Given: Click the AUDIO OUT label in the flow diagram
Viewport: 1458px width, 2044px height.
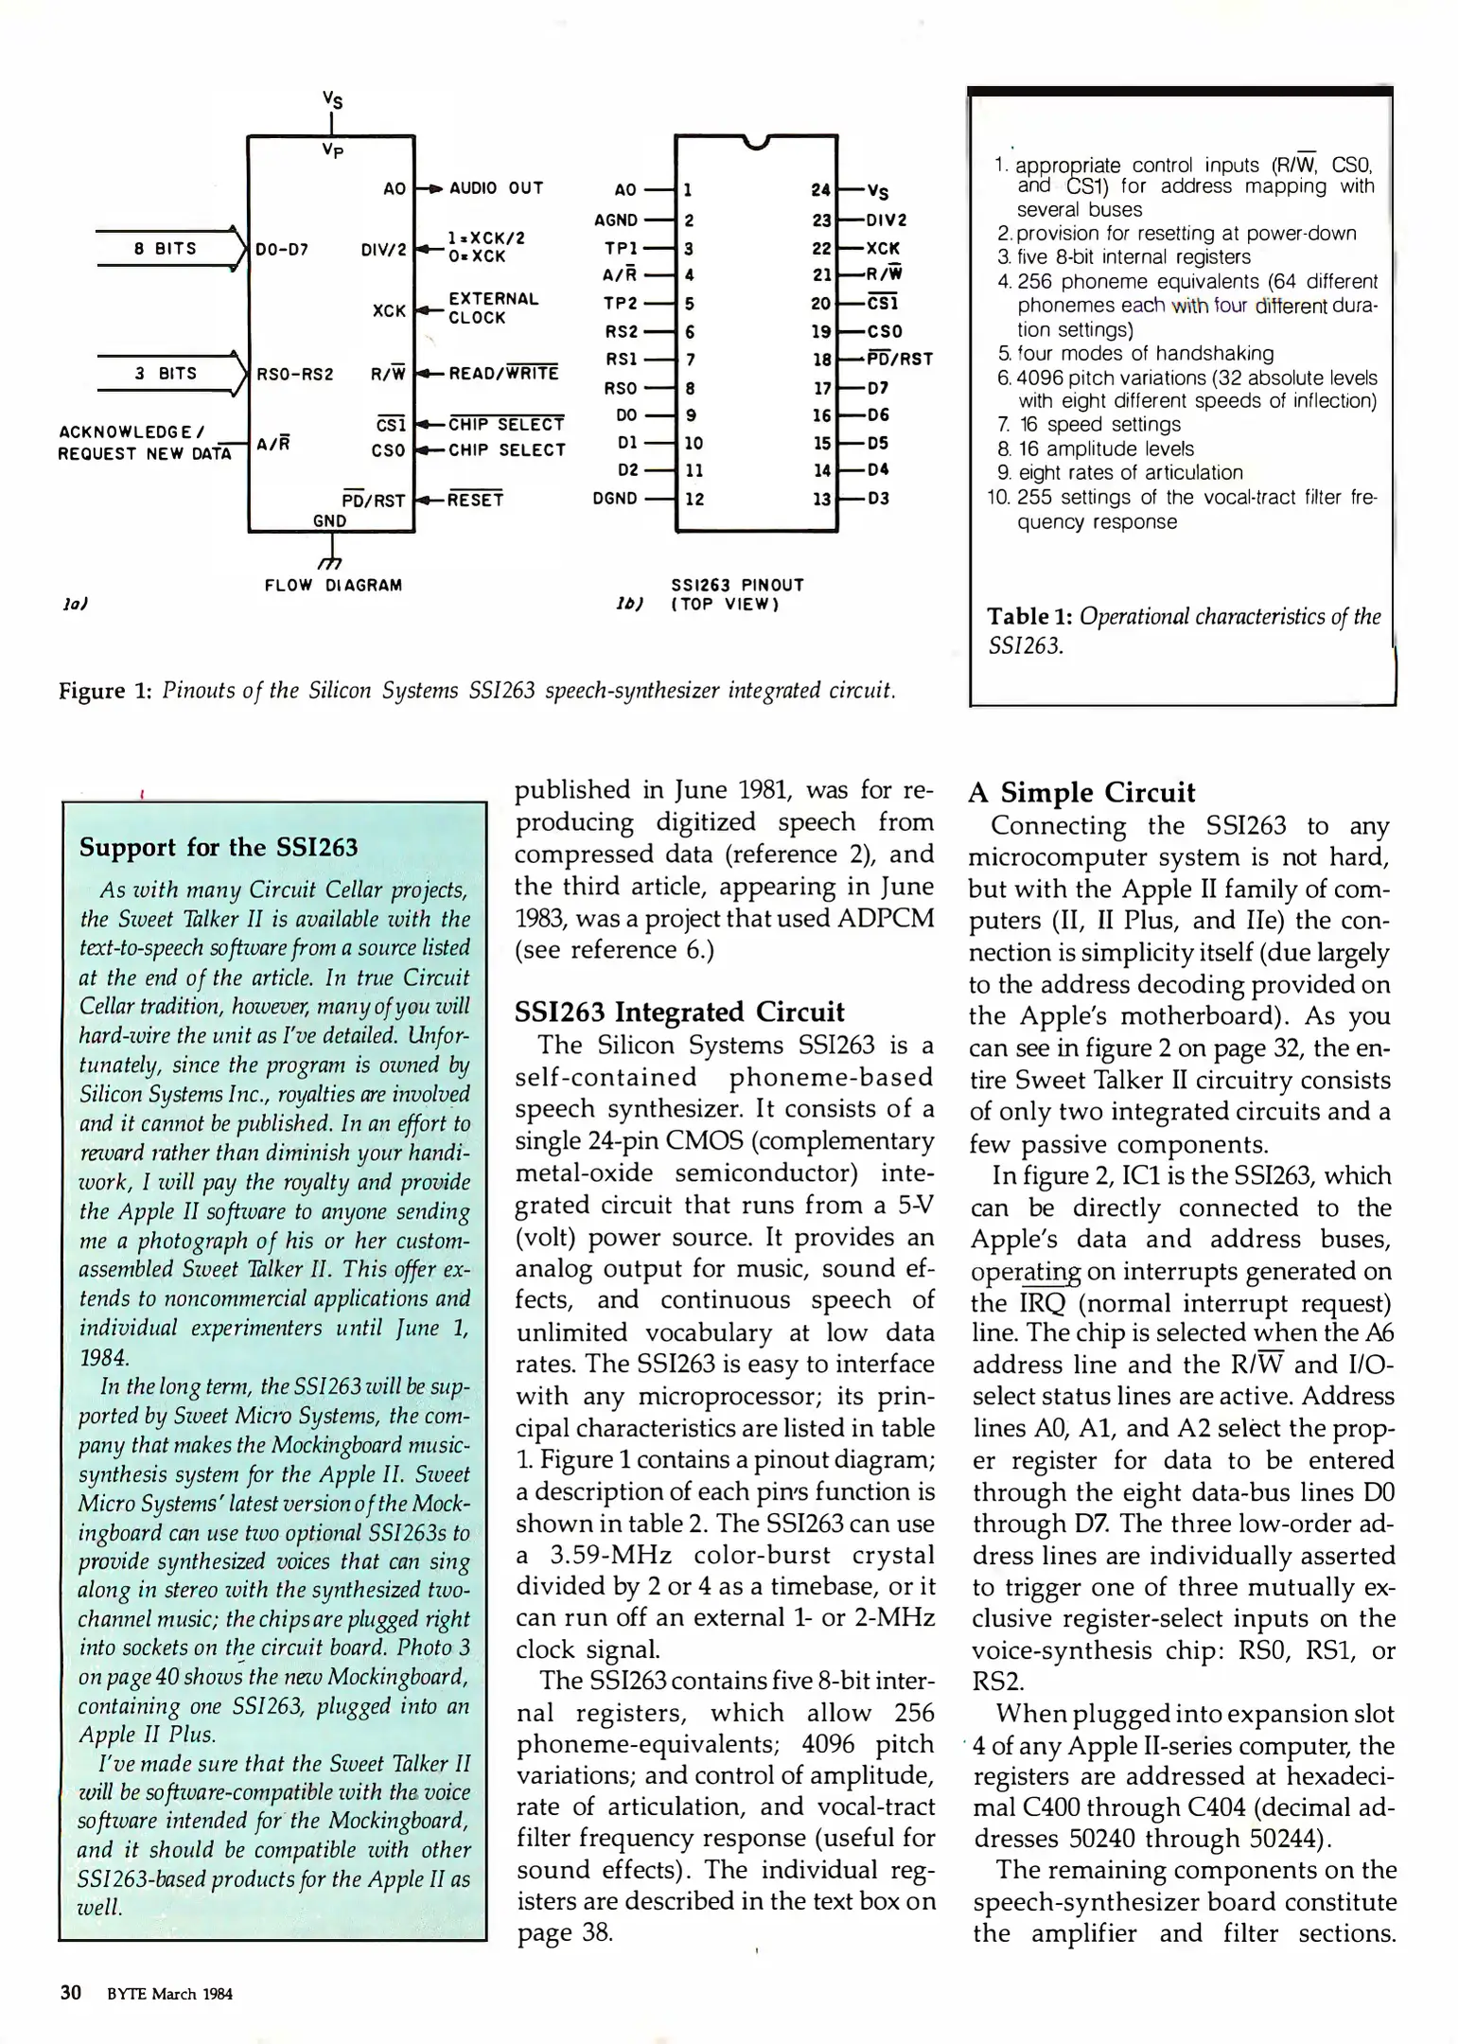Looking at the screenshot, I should [496, 188].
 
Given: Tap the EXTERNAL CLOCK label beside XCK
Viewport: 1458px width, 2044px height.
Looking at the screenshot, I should [492, 308].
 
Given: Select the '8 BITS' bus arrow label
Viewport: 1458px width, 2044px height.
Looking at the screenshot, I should [165, 249].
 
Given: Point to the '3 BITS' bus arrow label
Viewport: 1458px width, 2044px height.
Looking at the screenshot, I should [165, 374].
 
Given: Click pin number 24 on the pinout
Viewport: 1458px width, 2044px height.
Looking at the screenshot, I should [820, 190].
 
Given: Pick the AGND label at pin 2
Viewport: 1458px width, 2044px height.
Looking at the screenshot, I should [616, 220].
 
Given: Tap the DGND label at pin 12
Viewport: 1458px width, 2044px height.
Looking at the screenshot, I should [615, 499].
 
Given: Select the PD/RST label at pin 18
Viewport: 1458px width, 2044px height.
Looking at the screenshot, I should [900, 360].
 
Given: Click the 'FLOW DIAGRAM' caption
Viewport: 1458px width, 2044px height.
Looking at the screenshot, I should [333, 586].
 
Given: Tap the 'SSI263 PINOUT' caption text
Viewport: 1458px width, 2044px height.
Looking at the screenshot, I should [737, 586].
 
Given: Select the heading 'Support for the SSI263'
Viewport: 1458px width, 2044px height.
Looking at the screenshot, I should [219, 847].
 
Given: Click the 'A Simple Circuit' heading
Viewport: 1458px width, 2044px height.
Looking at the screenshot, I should [1081, 792].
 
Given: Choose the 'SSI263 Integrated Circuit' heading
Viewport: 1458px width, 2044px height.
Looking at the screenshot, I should [678, 1013].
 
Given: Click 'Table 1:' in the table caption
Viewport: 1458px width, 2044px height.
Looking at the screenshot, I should [1029, 617].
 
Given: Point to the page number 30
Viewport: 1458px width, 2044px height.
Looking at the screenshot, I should [71, 1993].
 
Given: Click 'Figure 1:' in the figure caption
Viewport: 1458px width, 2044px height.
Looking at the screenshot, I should [105, 691].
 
